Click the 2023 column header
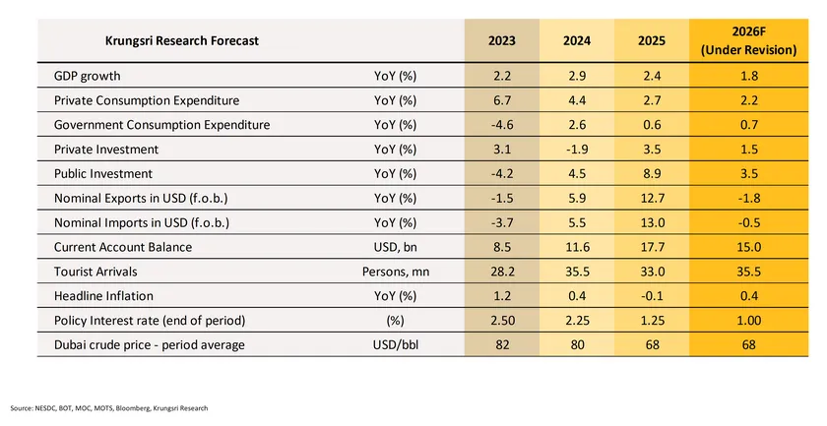click(x=501, y=41)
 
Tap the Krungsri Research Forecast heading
click(x=183, y=41)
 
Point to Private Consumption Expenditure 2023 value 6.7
click(x=501, y=100)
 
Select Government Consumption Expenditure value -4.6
click(x=501, y=125)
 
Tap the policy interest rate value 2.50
click(x=501, y=321)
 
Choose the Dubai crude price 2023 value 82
click(x=501, y=345)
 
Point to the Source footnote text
click(x=109, y=408)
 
